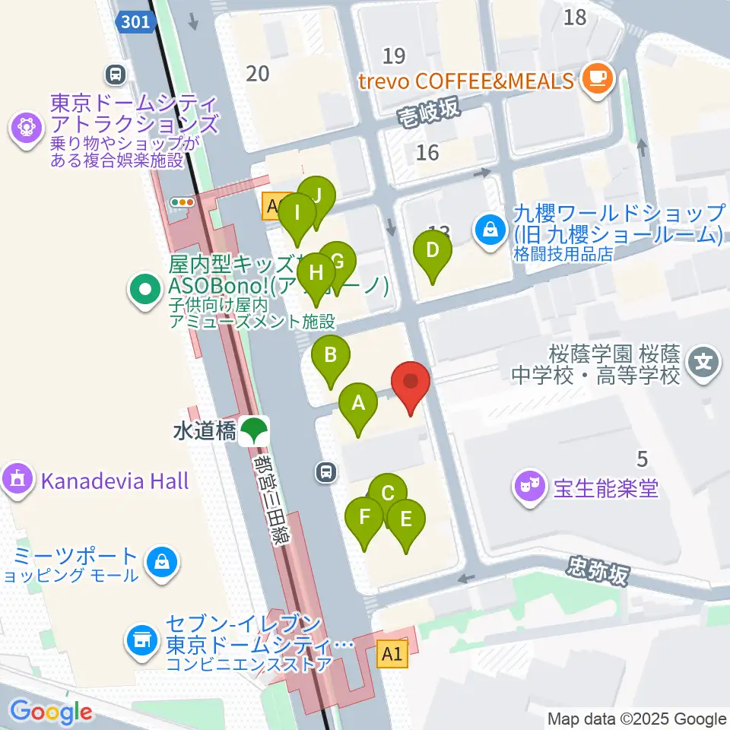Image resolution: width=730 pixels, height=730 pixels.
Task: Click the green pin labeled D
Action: (x=432, y=250)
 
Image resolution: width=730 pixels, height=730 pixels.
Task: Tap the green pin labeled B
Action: (x=331, y=355)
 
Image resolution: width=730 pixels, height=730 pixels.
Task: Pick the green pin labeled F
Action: (x=364, y=519)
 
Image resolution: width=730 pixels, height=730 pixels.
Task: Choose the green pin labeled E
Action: (x=405, y=519)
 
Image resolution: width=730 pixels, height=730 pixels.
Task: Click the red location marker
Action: (x=411, y=380)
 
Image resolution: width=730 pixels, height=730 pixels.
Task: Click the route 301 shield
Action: (x=137, y=23)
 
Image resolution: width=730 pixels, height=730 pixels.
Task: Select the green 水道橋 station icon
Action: (x=252, y=431)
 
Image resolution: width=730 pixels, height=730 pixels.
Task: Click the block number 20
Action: (x=259, y=73)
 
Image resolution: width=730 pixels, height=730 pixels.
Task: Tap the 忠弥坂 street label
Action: (x=598, y=571)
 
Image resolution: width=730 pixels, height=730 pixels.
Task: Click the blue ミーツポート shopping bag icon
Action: (x=163, y=562)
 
